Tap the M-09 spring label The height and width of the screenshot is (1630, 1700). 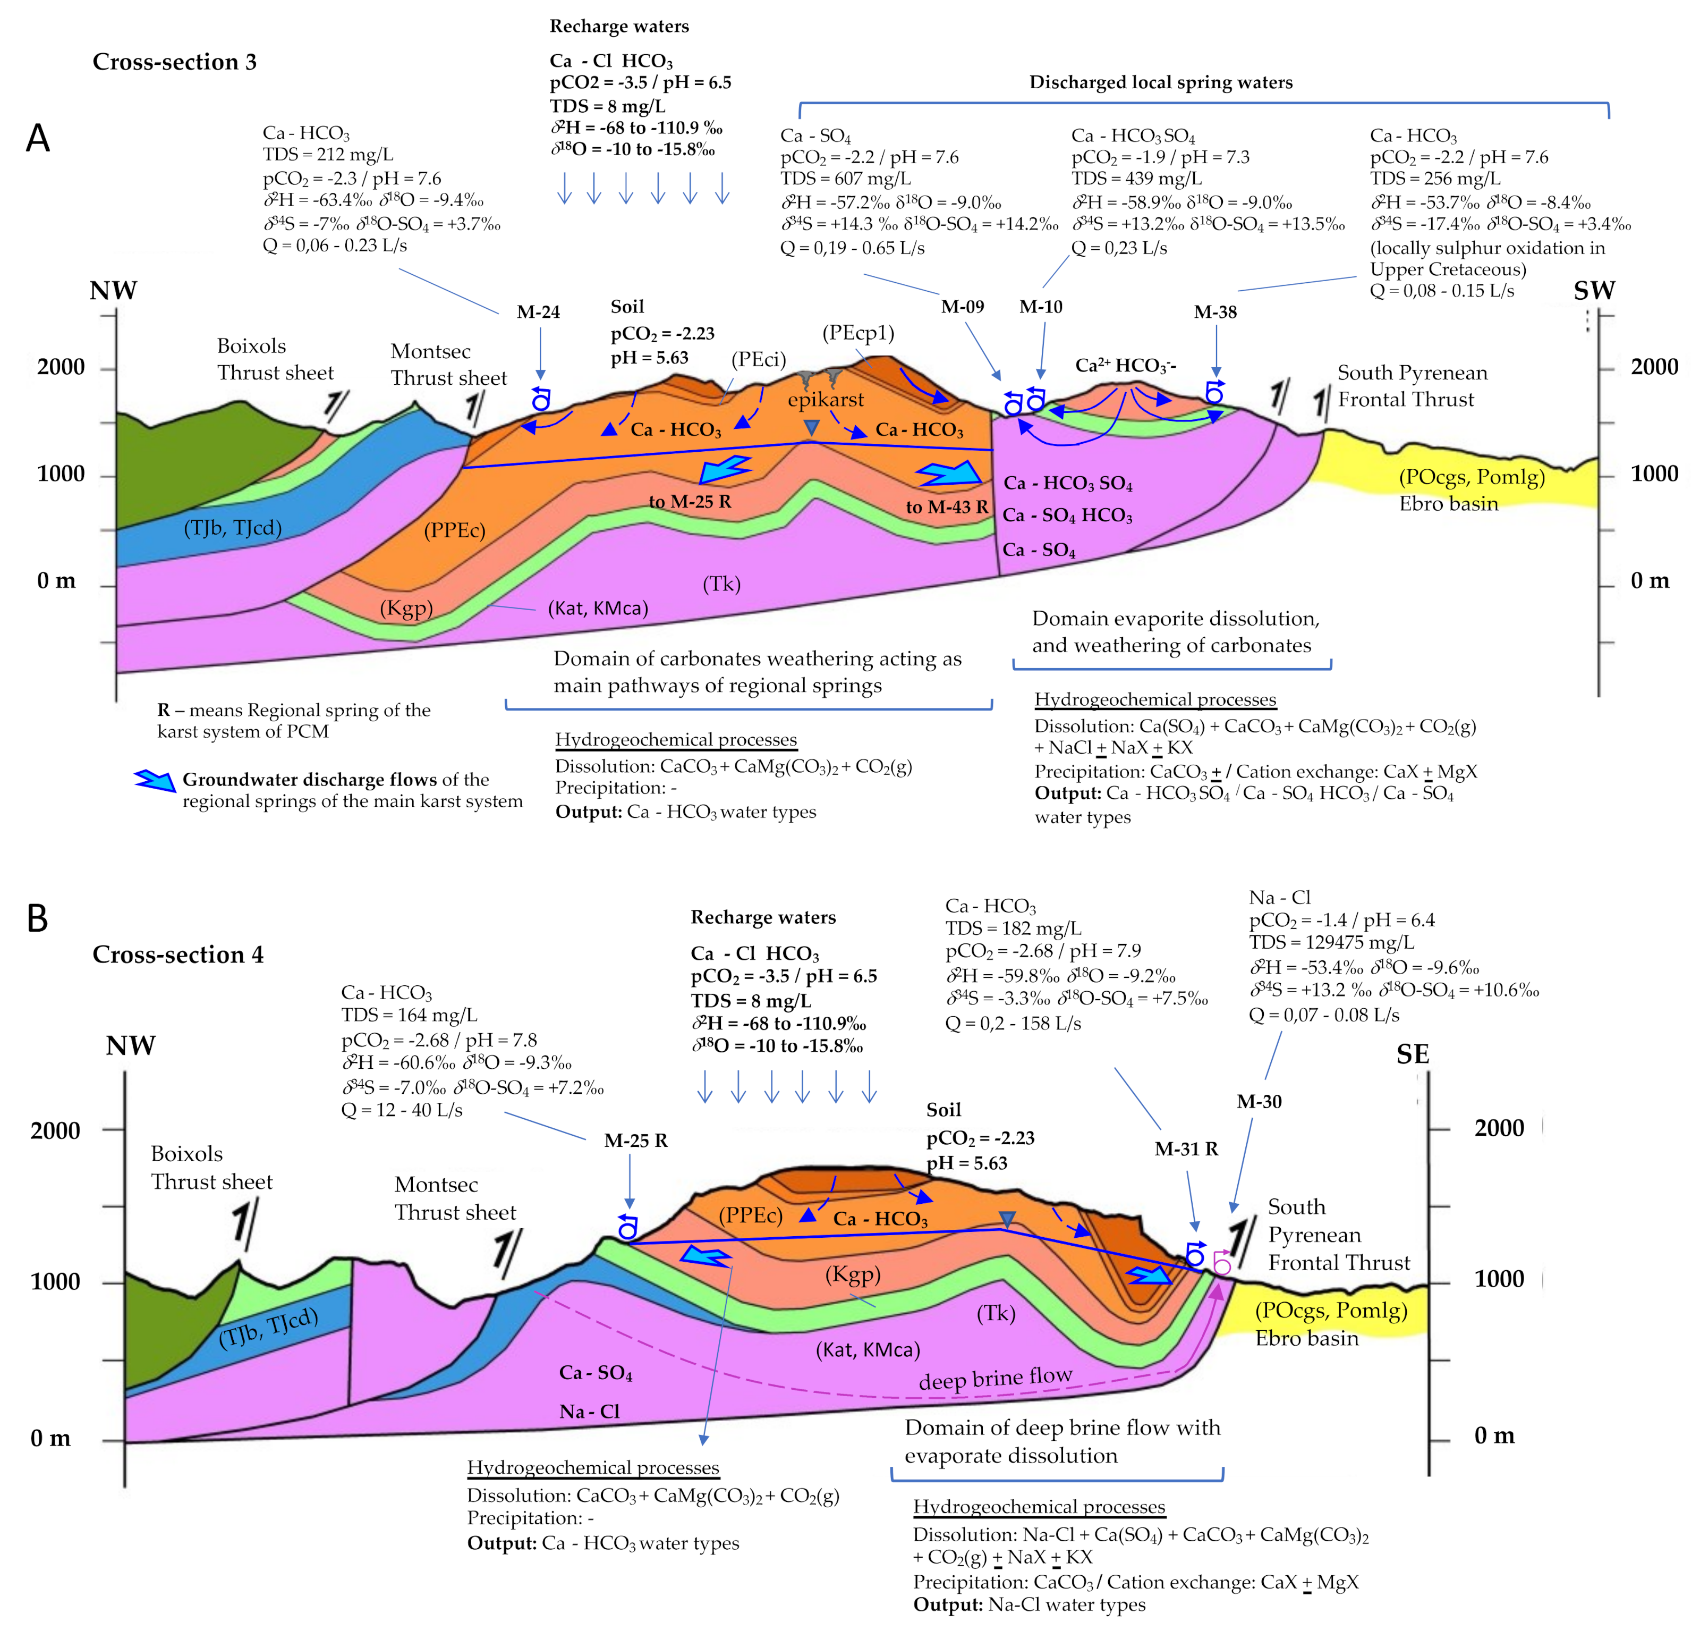click(962, 306)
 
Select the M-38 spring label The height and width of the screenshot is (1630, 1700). click(1214, 313)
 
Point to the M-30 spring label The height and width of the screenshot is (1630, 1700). click(1259, 1102)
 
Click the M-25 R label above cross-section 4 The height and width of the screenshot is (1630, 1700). click(636, 1141)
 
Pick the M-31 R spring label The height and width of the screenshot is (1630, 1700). click(1186, 1150)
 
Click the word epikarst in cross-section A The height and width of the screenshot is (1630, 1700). click(825, 400)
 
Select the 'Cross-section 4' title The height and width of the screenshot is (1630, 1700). click(178, 954)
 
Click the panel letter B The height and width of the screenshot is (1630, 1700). click(37, 918)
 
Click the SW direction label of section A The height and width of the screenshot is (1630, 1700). click(1594, 291)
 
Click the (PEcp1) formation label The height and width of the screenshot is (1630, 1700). click(858, 333)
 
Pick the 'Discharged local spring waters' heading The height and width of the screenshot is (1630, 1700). click(1160, 82)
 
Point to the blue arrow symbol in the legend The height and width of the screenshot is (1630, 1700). click(155, 780)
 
